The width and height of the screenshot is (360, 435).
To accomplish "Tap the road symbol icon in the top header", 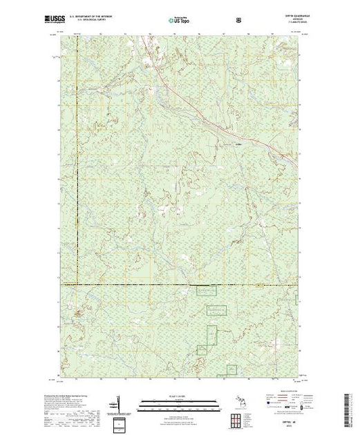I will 239,21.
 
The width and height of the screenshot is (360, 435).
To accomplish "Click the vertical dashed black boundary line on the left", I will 77,159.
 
